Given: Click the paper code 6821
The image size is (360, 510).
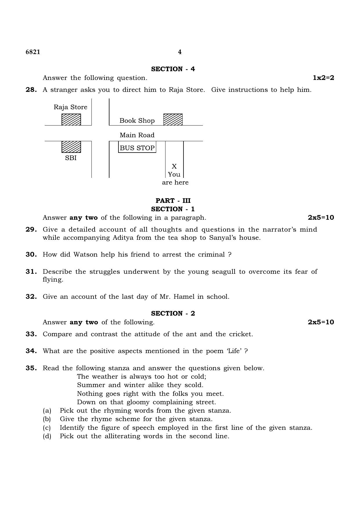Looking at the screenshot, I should pos(33,52).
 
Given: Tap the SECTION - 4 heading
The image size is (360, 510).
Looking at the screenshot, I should pos(173,69).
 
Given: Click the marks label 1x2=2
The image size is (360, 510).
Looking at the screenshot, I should pos(323,78).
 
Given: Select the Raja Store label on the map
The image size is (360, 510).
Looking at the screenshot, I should pos(71,107).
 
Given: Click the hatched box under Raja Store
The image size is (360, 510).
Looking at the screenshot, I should pos(71,119).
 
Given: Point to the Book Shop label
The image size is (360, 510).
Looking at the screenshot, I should pos(137,121).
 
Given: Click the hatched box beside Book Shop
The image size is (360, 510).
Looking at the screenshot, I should pos(173,119).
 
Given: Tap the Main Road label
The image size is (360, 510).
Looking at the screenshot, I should pos(137,135).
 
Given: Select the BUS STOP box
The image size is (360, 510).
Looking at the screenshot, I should pos(137,148).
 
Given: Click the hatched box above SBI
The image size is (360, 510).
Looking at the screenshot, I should pos(71,147).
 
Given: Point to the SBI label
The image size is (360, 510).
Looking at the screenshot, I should pos(71,158).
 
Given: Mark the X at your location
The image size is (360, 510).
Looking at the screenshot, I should pos(174,166).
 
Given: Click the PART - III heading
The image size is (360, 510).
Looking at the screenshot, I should pos(173,201).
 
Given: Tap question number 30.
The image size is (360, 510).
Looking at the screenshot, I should pos(31,255).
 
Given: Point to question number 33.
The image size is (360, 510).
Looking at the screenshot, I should pos(31,334).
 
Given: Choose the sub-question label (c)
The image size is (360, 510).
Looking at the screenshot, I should pos(47,428).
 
